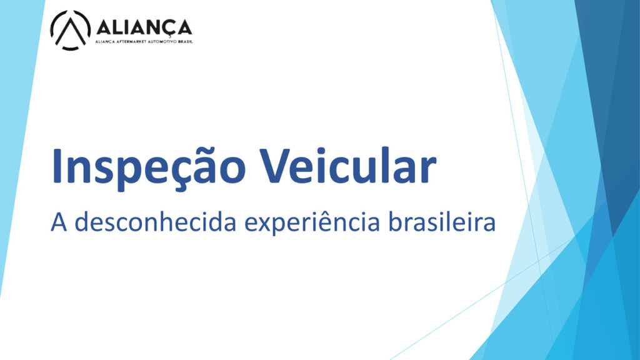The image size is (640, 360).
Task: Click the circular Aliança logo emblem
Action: click(x=70, y=30)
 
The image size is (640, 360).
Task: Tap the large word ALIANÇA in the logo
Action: click(x=144, y=27)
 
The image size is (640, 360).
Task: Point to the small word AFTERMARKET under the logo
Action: click(x=130, y=42)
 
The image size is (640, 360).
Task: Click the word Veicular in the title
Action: click(x=347, y=164)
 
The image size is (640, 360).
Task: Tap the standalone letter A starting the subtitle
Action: click(x=59, y=222)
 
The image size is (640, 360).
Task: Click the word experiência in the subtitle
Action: click(x=312, y=223)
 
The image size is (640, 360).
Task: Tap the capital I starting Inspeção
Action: click(x=56, y=165)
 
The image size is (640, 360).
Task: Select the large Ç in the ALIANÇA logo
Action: click(x=168, y=29)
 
